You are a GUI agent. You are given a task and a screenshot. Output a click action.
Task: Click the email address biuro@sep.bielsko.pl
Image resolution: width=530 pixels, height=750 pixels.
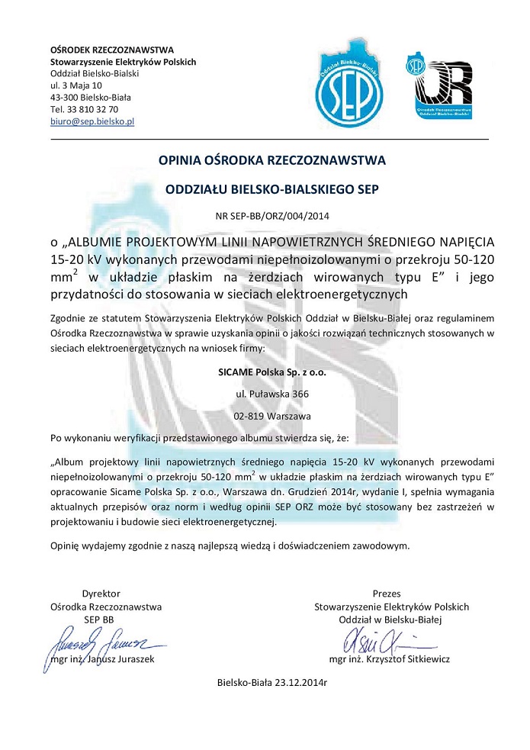point(92,121)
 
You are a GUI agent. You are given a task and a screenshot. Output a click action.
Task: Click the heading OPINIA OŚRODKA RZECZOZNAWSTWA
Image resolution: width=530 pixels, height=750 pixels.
point(272,160)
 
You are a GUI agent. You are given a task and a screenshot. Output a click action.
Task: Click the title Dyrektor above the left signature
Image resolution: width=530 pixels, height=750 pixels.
point(101,594)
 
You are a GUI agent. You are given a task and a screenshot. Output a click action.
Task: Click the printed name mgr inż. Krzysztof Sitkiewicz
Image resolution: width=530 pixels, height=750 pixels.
point(390,658)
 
